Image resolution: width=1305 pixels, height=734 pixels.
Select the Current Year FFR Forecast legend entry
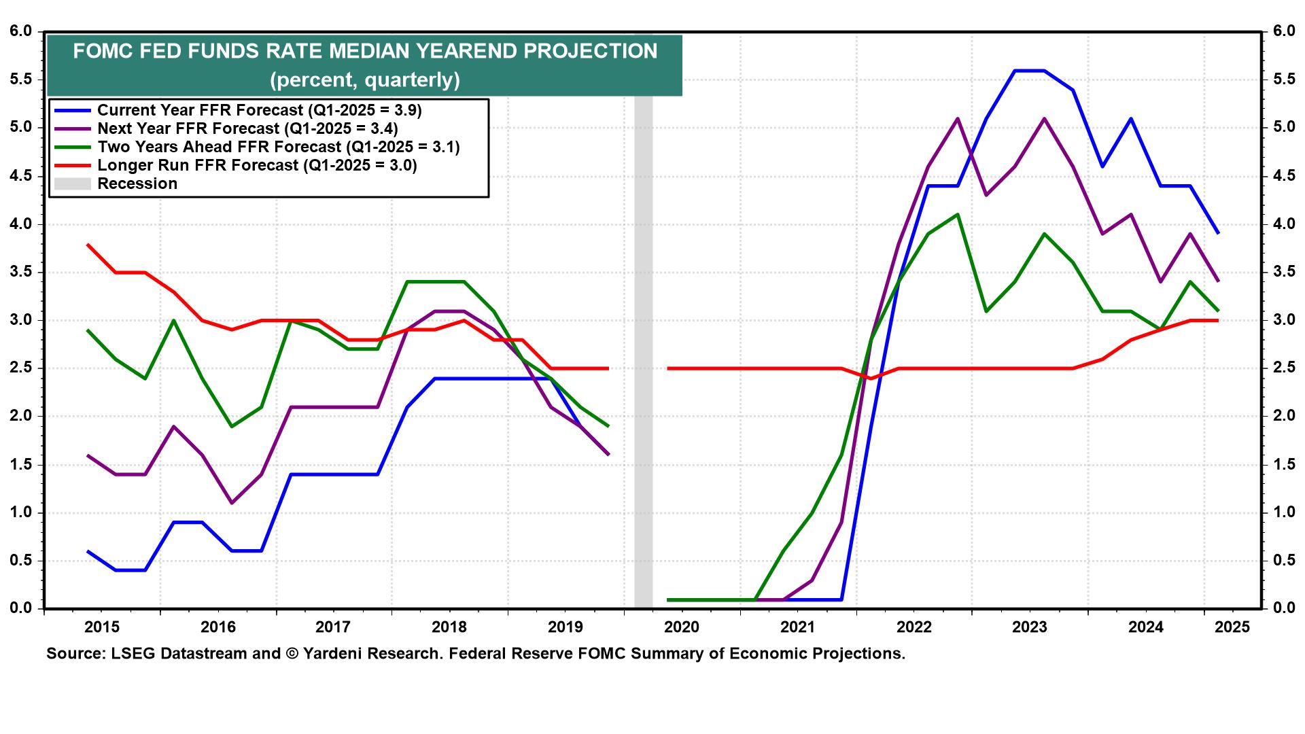pos(259,110)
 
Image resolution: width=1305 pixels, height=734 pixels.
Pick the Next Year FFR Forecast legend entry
pos(247,128)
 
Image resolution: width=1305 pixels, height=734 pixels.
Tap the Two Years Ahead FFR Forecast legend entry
pos(278,147)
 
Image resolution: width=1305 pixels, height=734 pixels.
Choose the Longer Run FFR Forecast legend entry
pos(257,165)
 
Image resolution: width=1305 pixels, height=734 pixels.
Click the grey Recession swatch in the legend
pos(72,183)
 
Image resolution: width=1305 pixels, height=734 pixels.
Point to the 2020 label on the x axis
pos(682,627)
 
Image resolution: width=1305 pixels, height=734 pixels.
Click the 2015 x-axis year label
pos(102,627)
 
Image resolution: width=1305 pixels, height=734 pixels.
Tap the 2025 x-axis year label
pos(1232,627)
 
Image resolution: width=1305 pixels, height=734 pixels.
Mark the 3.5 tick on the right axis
pos(1284,273)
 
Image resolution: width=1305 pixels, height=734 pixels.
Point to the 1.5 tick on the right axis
pos(1284,465)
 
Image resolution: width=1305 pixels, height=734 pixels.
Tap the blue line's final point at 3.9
pos(1218,233)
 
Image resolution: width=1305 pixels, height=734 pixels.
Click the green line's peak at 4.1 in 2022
pos(957,214)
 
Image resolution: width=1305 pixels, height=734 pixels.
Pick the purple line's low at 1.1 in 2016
pos(232,503)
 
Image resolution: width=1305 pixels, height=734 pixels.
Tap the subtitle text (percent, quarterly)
pos(364,80)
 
